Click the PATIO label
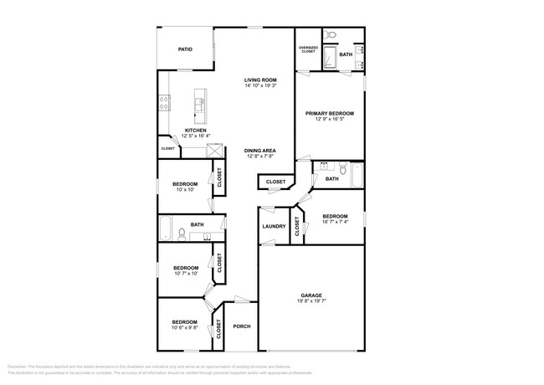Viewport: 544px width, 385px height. (x=185, y=49)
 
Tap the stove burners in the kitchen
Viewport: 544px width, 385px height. (x=164, y=105)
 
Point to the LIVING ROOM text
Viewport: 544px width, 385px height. (x=260, y=80)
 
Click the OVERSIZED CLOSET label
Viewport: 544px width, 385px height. (x=308, y=49)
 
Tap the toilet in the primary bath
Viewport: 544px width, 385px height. (x=331, y=35)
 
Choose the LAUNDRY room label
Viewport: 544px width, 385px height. (x=273, y=226)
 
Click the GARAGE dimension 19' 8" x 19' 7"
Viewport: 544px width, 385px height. (x=311, y=302)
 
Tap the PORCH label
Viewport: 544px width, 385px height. (x=241, y=326)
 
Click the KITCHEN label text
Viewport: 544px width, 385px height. (x=196, y=131)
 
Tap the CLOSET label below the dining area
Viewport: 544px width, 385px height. (x=275, y=182)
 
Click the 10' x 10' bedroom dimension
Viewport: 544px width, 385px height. (x=185, y=190)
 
